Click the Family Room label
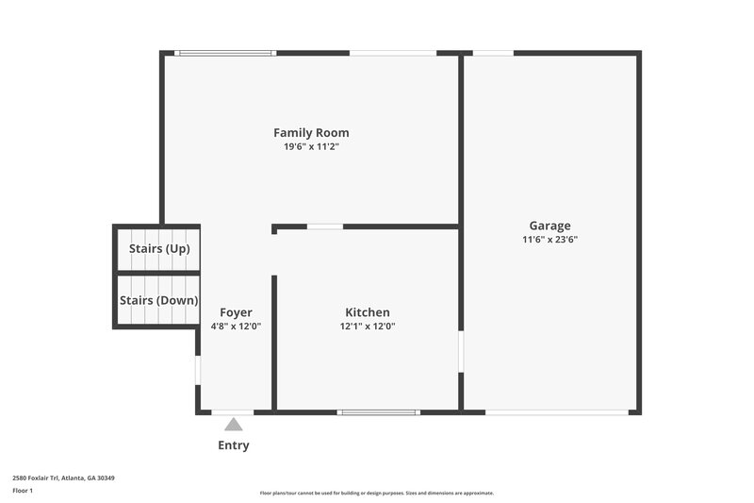tap(311, 133)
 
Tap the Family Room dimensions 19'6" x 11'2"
tap(311, 147)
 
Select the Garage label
tap(549, 226)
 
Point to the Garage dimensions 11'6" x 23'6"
tap(549, 240)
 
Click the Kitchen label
tap(367, 312)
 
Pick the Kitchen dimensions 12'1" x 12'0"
tap(367, 327)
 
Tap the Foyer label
tap(236, 312)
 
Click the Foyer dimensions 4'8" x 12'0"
tap(236, 327)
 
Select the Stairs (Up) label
tap(159, 249)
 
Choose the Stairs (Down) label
tap(158, 300)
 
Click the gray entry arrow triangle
tap(233, 425)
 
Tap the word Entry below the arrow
tap(234, 445)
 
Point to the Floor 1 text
tap(23, 492)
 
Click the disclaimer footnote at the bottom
tap(376, 493)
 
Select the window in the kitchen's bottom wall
tap(378, 412)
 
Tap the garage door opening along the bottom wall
tap(556, 412)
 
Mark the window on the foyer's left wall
tap(198, 369)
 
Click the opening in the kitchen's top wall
tap(325, 226)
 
